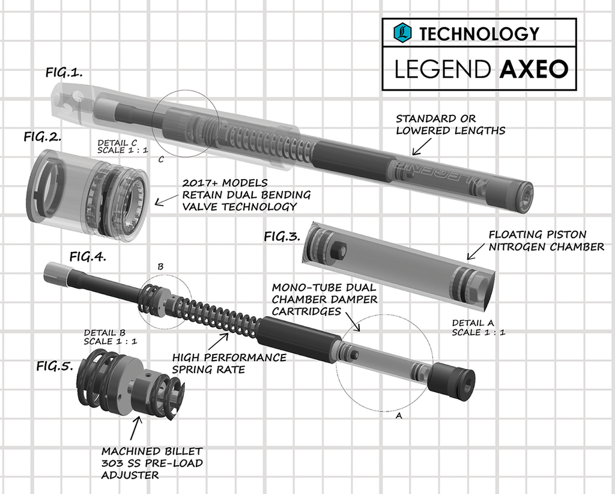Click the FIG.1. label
tap(64, 72)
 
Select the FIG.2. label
tap(43, 136)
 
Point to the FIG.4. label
tap(88, 257)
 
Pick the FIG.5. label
tap(55, 365)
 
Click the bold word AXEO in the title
tap(533, 69)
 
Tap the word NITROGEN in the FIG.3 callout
tap(521, 247)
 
